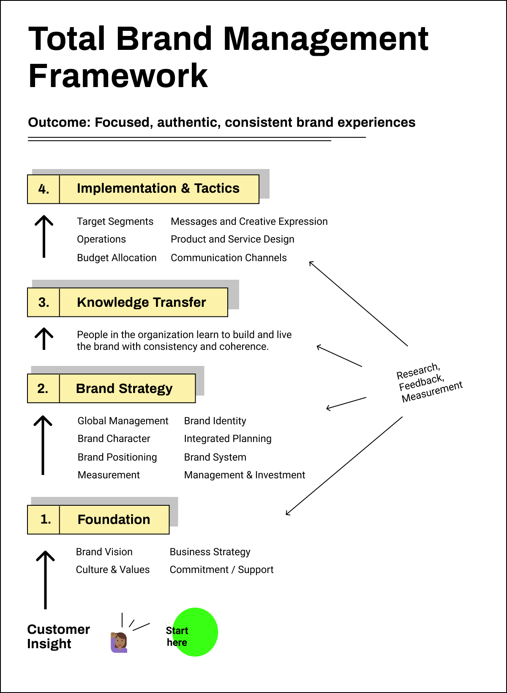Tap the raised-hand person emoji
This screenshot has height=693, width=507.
click(119, 642)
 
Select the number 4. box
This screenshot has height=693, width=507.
click(44, 189)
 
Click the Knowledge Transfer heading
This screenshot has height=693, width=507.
click(141, 302)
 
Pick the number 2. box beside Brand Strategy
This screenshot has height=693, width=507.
click(43, 388)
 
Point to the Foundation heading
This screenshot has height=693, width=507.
click(114, 519)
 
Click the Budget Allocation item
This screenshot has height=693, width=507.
click(117, 258)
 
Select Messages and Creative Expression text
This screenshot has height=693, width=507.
click(249, 221)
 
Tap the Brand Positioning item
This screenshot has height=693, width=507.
click(117, 457)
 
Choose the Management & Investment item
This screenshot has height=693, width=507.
click(244, 475)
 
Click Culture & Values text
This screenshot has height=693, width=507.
click(112, 570)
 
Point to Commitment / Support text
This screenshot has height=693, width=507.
click(221, 570)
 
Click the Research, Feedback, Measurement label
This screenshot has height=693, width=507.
click(429, 382)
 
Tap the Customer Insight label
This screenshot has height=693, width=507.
click(58, 636)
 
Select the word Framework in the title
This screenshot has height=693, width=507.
click(118, 76)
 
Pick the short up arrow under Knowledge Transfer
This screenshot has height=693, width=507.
click(44, 338)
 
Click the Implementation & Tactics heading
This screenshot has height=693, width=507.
click(158, 188)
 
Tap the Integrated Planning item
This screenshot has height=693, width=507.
click(227, 439)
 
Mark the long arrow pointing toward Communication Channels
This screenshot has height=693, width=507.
click(358, 303)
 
